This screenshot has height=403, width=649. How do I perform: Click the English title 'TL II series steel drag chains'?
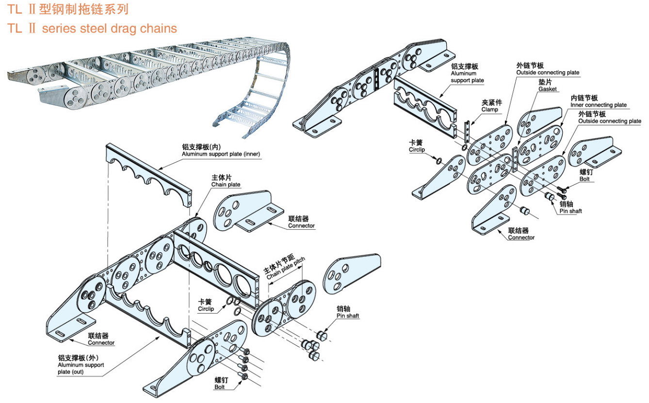point(92,28)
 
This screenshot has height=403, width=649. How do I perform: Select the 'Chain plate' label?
point(226,185)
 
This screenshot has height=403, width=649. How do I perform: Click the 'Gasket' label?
point(548,89)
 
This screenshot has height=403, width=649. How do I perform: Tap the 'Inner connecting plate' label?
point(599,105)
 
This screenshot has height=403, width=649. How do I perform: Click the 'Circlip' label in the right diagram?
point(416,150)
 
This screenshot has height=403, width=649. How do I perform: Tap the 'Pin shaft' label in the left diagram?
point(348,316)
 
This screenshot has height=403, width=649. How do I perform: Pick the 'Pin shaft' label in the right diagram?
point(570,211)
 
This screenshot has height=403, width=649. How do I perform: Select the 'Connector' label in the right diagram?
point(521,237)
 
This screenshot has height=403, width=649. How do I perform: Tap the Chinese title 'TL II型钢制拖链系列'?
point(68,9)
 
